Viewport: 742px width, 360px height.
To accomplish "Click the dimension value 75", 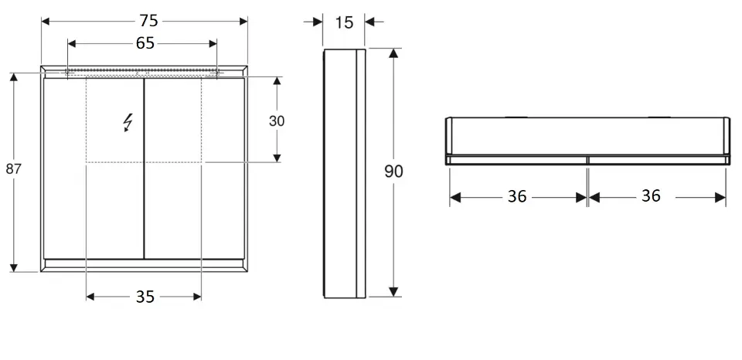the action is (148, 21).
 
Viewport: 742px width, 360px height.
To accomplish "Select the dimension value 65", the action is (145, 43).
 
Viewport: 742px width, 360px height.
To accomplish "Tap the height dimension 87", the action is (14, 169).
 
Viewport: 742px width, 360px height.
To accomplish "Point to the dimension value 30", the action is (277, 121).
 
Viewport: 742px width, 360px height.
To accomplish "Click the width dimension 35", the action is (145, 297).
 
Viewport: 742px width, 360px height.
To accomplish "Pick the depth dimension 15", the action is (344, 22).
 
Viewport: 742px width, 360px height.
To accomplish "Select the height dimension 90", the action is (393, 172).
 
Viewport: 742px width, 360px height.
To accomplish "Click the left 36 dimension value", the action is (517, 197).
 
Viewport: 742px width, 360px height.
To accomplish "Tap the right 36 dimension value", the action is (651, 196).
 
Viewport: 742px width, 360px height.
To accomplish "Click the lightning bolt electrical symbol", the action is (128, 123).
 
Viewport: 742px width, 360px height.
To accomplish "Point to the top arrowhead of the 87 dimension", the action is (14, 78).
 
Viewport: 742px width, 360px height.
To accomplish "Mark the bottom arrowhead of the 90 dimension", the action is (393, 291).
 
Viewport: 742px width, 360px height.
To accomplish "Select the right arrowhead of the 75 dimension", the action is (243, 21).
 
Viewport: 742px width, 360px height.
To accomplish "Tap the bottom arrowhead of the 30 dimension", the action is (277, 158).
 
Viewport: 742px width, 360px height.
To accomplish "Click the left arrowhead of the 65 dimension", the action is (73, 43).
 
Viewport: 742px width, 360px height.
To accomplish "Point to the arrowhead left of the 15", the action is (318, 22).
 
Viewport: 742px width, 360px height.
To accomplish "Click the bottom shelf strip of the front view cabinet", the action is (144, 263).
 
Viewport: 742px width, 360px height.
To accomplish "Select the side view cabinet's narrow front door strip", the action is (361, 174).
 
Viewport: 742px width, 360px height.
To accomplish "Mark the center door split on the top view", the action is (587, 160).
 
